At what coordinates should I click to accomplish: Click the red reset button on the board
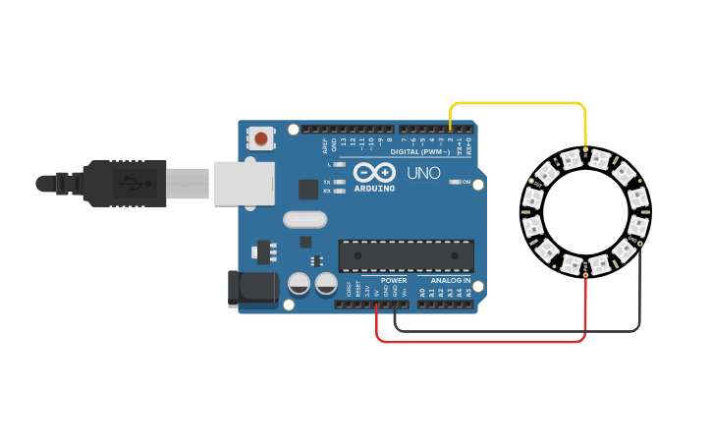click(260, 139)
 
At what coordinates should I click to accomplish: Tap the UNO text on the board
click(423, 174)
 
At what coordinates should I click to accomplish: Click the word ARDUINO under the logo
click(374, 188)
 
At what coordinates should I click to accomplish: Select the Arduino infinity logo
click(373, 172)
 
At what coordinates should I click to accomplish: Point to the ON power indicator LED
click(454, 182)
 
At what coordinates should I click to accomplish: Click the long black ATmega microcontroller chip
click(406, 255)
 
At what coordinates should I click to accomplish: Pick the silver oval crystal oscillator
click(304, 220)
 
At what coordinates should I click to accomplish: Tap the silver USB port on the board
click(244, 184)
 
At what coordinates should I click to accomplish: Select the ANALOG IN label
click(451, 280)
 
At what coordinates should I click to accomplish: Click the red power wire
click(481, 342)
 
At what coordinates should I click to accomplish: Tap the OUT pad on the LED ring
click(531, 182)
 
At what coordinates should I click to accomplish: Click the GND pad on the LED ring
click(639, 242)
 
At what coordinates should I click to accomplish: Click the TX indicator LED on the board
click(339, 182)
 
